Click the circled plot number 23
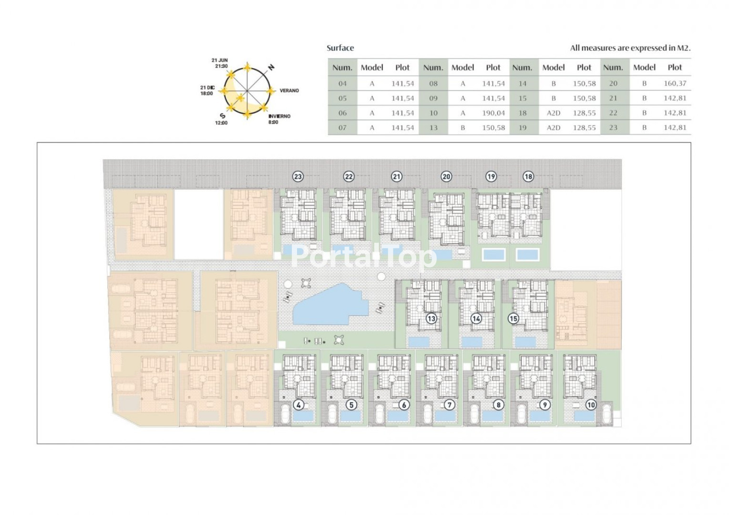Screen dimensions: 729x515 [x=298, y=176]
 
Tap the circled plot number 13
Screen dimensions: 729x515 [x=431, y=319]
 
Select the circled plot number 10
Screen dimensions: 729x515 [x=591, y=405]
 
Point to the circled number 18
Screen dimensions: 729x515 [x=528, y=176]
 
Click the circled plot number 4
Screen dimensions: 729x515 [x=298, y=405]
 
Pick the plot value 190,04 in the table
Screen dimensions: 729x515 [x=493, y=113]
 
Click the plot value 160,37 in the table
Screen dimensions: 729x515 [x=675, y=83]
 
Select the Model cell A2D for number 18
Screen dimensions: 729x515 [x=553, y=113]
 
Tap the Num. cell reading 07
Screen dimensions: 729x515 [x=342, y=128]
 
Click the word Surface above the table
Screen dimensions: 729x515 [x=340, y=48]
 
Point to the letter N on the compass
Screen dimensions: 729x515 [x=271, y=67]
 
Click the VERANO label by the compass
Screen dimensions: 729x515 [x=289, y=91]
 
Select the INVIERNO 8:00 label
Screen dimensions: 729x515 [x=279, y=119]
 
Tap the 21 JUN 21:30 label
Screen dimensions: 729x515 [x=220, y=63]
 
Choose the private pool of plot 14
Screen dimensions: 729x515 [x=472, y=342]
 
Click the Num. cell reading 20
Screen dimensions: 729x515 [x=613, y=83]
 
